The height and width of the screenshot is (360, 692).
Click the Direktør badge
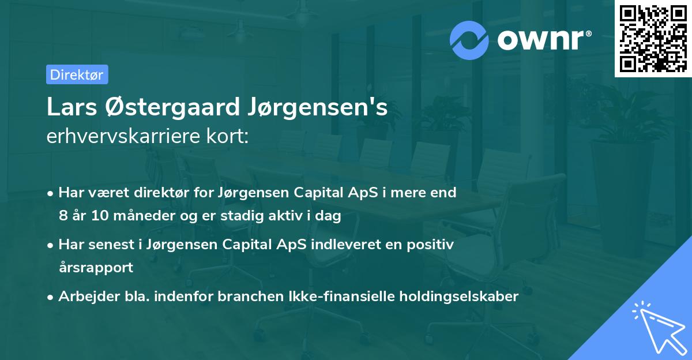pos(77,74)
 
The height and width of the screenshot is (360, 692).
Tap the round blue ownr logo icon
pos(470,40)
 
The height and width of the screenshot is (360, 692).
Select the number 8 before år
pos(62,216)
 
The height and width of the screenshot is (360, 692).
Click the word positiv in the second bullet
pos(430,245)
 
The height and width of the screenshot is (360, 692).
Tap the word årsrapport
pos(96,268)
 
